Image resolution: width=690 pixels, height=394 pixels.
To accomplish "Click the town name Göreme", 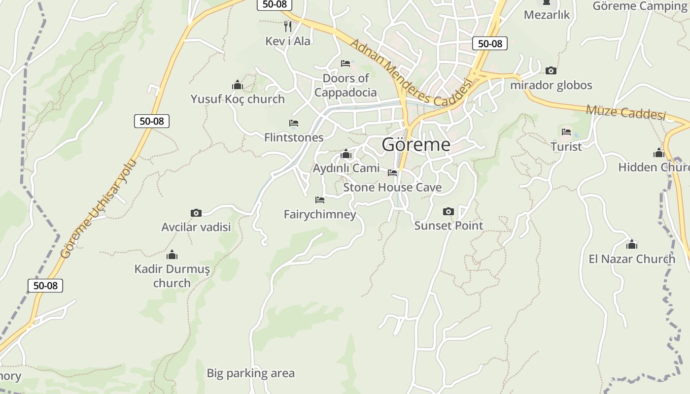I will click(x=416, y=144).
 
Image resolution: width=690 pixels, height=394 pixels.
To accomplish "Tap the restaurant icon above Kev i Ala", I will click(x=288, y=26).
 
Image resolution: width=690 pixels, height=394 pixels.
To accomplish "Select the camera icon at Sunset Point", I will click(x=448, y=212).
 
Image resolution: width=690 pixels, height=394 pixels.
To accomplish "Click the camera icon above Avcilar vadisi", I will click(x=196, y=213).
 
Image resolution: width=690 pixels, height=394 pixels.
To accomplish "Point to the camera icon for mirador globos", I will click(x=551, y=71).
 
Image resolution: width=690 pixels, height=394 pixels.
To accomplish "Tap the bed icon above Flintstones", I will click(x=294, y=123).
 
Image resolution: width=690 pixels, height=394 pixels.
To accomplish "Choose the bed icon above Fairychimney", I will click(x=320, y=200).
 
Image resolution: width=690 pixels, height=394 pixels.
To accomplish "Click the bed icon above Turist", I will click(x=566, y=132).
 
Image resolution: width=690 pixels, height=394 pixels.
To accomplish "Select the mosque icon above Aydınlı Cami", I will click(x=346, y=154).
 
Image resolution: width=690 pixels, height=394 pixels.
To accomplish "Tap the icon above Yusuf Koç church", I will click(x=238, y=85).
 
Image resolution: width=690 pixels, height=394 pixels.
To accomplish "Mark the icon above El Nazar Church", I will click(x=631, y=244).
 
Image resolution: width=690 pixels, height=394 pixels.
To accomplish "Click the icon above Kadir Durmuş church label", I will click(x=172, y=255).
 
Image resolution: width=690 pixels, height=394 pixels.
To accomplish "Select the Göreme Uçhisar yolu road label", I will click(x=98, y=209).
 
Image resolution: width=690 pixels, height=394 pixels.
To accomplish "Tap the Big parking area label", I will click(x=250, y=373).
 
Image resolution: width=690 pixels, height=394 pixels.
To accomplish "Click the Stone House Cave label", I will click(x=392, y=187).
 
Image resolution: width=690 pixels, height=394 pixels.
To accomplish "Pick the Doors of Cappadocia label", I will click(x=345, y=85).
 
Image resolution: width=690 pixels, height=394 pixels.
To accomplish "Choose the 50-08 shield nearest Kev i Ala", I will click(x=275, y=4).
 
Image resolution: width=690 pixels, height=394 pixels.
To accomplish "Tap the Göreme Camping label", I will click(x=640, y=6).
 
